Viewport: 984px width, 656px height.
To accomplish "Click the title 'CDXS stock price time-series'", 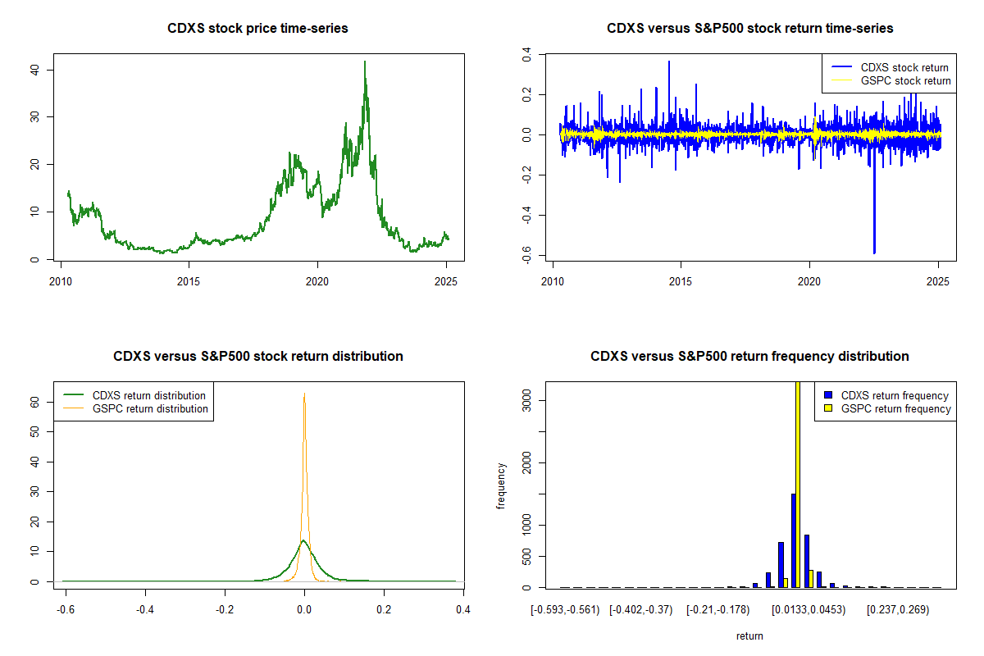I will (257, 29).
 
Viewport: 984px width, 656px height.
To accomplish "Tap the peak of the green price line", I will (365, 62).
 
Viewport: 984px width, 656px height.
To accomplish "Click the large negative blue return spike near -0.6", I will (874, 250).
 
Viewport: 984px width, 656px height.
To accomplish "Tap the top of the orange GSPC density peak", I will (304, 394).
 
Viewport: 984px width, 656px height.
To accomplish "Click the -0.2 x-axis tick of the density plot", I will (225, 609).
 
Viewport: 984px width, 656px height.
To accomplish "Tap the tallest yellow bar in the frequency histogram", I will (798, 484).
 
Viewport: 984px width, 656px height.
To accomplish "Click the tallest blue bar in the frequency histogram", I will (793, 540).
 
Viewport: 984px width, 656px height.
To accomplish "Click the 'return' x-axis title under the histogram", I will (749, 635).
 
